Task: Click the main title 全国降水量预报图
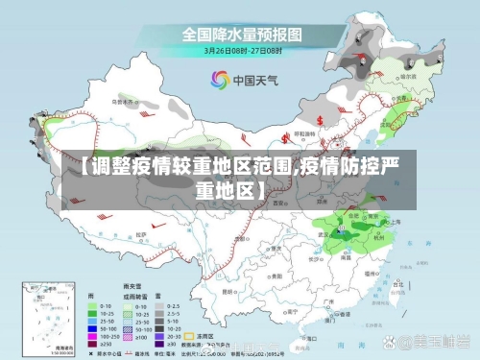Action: [242, 35]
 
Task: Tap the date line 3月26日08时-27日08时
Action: [242, 51]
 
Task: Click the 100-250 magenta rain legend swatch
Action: [93, 337]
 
